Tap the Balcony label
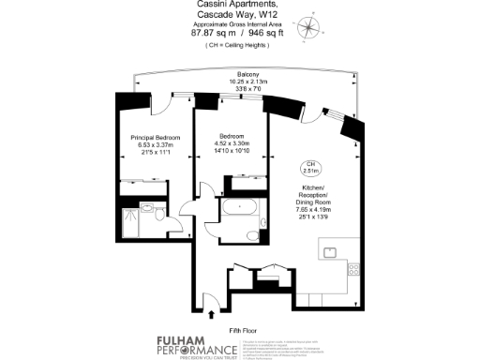click(248, 74)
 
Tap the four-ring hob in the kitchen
click(354, 271)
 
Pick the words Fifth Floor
click(243, 331)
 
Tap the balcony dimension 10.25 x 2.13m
click(248, 82)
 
